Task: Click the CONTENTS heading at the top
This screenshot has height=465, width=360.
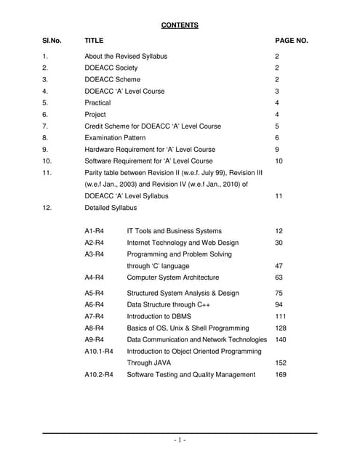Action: pos(180,25)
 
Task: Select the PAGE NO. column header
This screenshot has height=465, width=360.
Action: pos(292,41)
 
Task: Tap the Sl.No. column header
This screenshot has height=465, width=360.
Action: pos(52,41)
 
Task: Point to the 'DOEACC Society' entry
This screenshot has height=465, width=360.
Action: pos(111,68)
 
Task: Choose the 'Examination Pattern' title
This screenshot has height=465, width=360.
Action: pos(116,137)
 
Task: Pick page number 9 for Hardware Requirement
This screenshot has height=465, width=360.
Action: pos(277,149)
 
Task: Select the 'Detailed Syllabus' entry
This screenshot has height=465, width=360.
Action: pos(111,208)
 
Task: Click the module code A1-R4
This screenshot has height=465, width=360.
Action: pos(95,230)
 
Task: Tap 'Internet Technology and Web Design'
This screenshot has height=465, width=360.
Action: pos(183,242)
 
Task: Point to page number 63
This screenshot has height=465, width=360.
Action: pos(279,277)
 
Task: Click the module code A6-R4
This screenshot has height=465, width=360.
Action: pos(95,304)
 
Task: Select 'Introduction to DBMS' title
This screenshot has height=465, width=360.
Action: pos(161,316)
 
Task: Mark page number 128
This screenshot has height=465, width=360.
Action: pos(281,328)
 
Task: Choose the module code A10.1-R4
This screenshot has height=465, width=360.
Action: pos(99,351)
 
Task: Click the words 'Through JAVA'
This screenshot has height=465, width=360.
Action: pos(150,363)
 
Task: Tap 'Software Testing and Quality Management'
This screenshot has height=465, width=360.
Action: pos(191,374)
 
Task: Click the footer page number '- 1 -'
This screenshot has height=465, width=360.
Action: pos(180,440)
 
